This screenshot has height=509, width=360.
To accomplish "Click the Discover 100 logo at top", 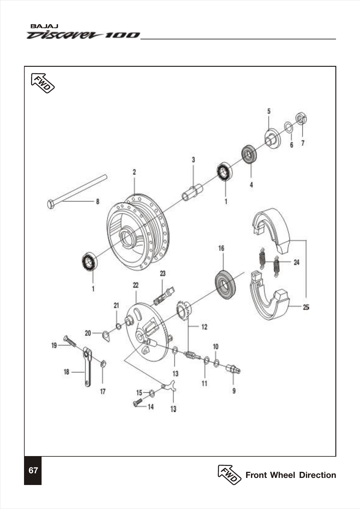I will pyautogui.click(x=83, y=35).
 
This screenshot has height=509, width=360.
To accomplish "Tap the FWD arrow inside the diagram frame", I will pyautogui.click(x=42, y=83).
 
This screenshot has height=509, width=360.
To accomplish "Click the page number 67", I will pyautogui.click(x=33, y=470).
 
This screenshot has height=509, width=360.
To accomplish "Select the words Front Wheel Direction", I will pyautogui.click(x=290, y=475).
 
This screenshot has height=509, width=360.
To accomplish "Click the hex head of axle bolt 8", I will pyautogui.click(x=51, y=204).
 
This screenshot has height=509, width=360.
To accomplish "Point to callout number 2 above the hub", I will pyautogui.click(x=134, y=172).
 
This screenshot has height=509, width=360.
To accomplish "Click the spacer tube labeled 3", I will pyautogui.click(x=192, y=192).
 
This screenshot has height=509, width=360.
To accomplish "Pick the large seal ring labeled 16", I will pyautogui.click(x=225, y=284).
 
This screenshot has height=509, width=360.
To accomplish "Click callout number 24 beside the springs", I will pyautogui.click(x=296, y=263).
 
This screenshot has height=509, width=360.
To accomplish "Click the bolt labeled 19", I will pyautogui.click(x=70, y=341).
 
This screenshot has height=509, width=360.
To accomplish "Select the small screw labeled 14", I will pyautogui.click(x=137, y=403).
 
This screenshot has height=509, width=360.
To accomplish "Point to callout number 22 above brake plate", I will pyautogui.click(x=136, y=285).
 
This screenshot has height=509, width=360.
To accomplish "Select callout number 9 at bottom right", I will pyautogui.click(x=234, y=391).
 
